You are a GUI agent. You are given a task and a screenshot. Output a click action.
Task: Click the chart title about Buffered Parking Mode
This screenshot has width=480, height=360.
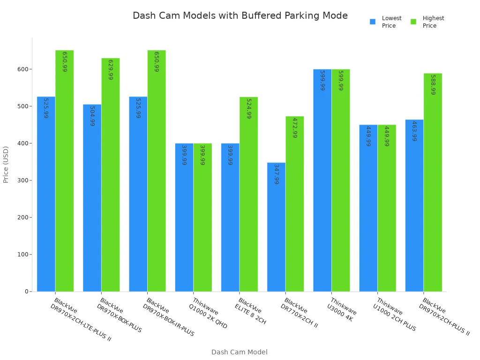pos(240,16)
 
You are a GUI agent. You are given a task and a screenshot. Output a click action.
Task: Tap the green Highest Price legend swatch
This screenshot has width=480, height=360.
pos(413,22)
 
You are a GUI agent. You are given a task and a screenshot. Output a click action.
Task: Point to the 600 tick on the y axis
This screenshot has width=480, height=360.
pos(22,69)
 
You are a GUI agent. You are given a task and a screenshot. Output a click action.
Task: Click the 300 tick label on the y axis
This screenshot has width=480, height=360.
pos(22,180)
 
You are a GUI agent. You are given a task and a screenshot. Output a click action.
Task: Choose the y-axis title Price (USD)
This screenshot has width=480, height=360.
pos(6,165)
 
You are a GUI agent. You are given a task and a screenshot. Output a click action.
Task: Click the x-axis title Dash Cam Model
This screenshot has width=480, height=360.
pos(239,352)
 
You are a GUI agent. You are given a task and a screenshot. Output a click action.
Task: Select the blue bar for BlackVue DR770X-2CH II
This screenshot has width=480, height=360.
pos(276,227)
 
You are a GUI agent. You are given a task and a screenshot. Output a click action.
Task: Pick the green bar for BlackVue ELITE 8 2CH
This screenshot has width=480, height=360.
pos(248,194)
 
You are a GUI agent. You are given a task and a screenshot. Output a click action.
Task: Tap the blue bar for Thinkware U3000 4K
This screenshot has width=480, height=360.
pos(322,180)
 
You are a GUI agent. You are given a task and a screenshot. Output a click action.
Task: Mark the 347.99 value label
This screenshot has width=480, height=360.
pos(277,174)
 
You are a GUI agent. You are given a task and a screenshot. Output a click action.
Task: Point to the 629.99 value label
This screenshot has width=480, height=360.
pos(111,70)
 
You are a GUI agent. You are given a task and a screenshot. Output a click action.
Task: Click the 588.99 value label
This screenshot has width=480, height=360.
pos(433,85)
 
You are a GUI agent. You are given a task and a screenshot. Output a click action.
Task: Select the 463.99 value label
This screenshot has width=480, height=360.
pos(414,131)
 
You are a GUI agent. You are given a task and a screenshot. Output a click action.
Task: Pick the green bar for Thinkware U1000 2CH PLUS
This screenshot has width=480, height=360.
pos(387,208)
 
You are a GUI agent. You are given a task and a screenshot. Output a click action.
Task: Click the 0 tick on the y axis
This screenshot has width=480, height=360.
pos(27,292)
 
